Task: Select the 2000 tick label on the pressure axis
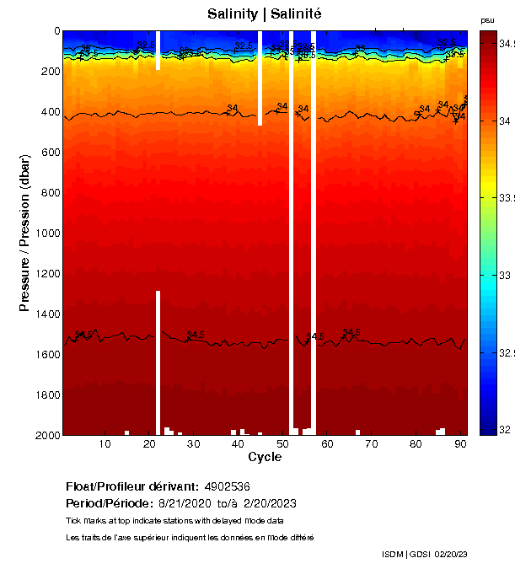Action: pos(46,435)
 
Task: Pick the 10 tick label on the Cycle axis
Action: pos(105,444)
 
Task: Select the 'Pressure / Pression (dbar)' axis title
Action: pos(24,233)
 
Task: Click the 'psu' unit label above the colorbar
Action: pos(486,20)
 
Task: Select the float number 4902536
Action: pos(227,486)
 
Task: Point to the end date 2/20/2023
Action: pos(270,503)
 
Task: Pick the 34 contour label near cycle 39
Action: pos(233,108)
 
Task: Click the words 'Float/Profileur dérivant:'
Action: pos(132,486)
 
